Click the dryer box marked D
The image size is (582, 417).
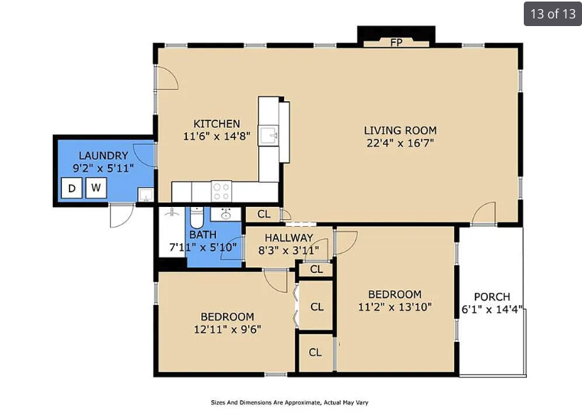click(x=72, y=188)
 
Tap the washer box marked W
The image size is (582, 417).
click(x=96, y=188)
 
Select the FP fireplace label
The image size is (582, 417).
click(x=397, y=43)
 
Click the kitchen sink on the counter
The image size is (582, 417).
click(x=268, y=135)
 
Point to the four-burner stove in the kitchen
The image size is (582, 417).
click(x=221, y=192)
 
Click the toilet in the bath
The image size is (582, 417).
click(x=197, y=218)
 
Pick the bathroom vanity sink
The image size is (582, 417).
click(x=226, y=214)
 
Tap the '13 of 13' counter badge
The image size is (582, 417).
click(x=553, y=14)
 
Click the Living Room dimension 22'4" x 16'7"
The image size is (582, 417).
click(x=400, y=143)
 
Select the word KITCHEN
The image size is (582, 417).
click(x=217, y=123)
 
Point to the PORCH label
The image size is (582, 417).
click(x=492, y=297)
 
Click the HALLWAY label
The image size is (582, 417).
click(x=289, y=238)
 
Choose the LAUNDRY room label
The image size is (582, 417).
click(x=103, y=156)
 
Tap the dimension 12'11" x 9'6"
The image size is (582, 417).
click(x=227, y=330)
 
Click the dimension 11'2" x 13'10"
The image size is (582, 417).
click(x=395, y=307)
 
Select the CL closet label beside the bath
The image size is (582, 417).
click(x=264, y=214)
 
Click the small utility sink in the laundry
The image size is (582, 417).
click(x=145, y=195)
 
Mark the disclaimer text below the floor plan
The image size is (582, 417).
click(x=289, y=402)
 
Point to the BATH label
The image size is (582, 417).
click(x=203, y=235)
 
